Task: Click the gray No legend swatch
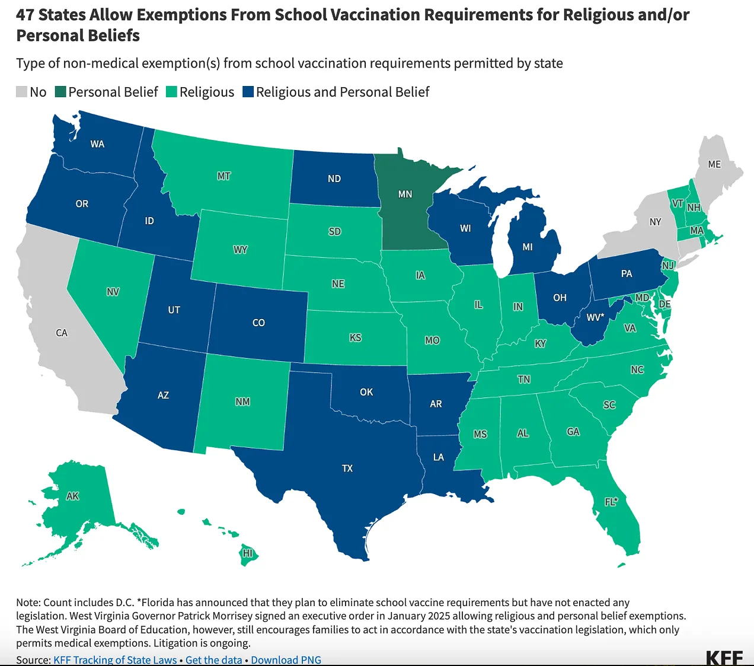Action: [21, 92]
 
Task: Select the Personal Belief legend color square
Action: [60, 92]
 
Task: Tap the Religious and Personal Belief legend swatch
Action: [248, 92]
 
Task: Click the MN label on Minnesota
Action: [405, 194]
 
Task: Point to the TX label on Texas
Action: [347, 469]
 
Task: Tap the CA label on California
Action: [62, 333]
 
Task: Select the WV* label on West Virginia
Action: [595, 317]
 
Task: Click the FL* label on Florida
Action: [611, 502]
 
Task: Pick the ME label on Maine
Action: [714, 164]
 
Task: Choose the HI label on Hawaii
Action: [248, 553]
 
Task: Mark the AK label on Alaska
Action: [72, 496]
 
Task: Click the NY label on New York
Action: [655, 222]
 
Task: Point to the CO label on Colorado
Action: [258, 323]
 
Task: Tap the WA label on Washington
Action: [97, 144]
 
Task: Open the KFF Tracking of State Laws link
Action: [115, 659]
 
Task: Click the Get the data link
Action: [213, 659]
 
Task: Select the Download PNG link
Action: [286, 659]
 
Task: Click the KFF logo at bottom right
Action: [724, 657]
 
